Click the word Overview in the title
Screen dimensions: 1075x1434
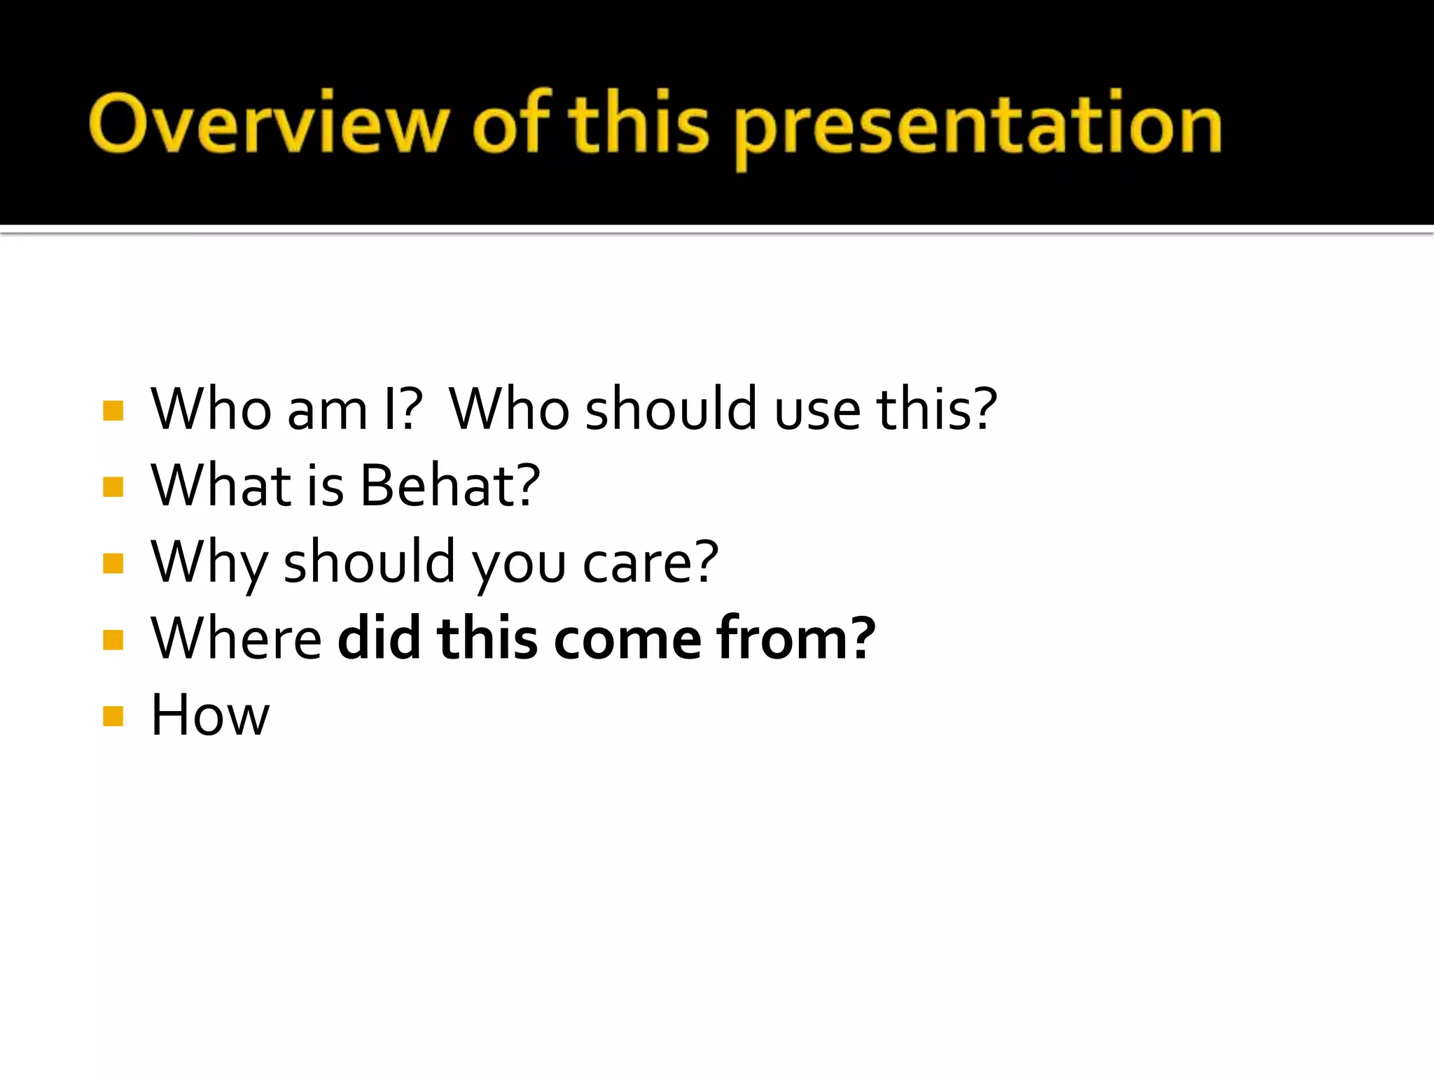click(x=267, y=125)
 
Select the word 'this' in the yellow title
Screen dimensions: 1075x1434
click(x=639, y=123)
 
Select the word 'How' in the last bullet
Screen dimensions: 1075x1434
click(x=209, y=715)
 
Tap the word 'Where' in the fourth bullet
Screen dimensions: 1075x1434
click(x=236, y=638)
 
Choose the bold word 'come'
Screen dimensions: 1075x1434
click(x=627, y=640)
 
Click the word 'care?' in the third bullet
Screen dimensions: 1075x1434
click(x=650, y=563)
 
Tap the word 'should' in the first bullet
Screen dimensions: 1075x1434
click(x=671, y=409)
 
